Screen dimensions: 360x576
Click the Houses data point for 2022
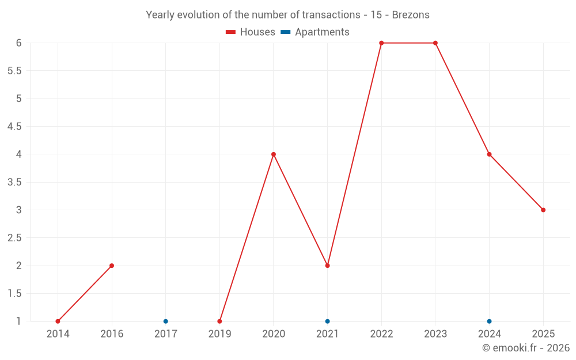pyautogui.click(x=381, y=43)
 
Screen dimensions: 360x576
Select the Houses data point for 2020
pyautogui.click(x=274, y=154)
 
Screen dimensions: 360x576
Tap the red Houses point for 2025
pyautogui.click(x=543, y=210)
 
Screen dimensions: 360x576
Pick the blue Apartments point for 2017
pyautogui.click(x=166, y=321)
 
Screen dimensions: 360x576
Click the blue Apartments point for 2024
pyautogui.click(x=489, y=321)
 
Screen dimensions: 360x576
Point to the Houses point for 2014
pyautogui.click(x=58, y=321)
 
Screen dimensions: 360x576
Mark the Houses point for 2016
pyautogui.click(x=112, y=266)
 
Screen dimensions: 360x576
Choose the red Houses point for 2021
pyautogui.click(x=327, y=266)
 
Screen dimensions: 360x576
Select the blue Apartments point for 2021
pyautogui.click(x=327, y=321)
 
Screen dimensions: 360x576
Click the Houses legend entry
pyautogui.click(x=251, y=32)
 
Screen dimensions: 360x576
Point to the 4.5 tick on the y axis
pyautogui.click(x=14, y=127)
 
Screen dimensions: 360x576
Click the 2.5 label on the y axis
pyautogui.click(x=14, y=238)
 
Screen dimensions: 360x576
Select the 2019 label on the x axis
pyautogui.click(x=219, y=334)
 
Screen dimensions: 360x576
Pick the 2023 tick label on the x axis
pyautogui.click(x=435, y=334)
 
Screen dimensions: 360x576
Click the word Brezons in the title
pyautogui.click(x=411, y=15)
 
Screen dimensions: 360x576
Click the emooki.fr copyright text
pyautogui.click(x=526, y=348)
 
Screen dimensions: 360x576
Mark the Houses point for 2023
pyautogui.click(x=435, y=43)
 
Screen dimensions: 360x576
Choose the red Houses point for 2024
pyautogui.click(x=489, y=154)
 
